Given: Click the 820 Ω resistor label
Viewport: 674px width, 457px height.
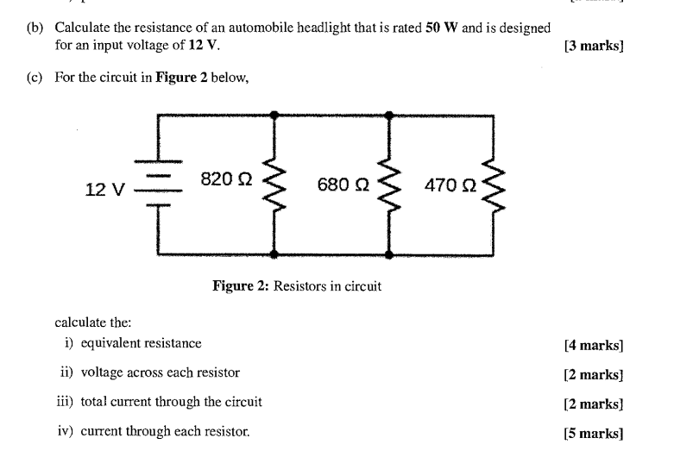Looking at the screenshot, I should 225,179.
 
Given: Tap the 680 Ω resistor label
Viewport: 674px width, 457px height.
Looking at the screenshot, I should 343,185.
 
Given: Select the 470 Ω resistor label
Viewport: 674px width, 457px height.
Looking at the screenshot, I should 450,185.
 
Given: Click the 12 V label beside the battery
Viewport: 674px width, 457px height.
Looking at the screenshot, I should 105,189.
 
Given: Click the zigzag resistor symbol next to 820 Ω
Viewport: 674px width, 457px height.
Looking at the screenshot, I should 274,185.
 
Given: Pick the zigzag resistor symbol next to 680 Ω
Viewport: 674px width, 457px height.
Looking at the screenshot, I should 389,185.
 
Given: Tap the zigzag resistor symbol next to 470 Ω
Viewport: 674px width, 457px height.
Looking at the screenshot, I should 494,185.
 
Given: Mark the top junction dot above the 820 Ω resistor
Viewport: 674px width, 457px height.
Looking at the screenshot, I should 274,114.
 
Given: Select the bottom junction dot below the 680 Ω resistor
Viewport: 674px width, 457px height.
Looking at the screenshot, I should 389,255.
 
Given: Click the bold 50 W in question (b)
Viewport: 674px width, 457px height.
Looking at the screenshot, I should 442,28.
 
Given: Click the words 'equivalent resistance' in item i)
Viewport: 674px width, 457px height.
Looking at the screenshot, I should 141,343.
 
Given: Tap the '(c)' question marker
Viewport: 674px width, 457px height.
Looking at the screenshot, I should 35,78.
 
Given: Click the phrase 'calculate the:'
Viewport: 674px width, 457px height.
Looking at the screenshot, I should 93,322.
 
